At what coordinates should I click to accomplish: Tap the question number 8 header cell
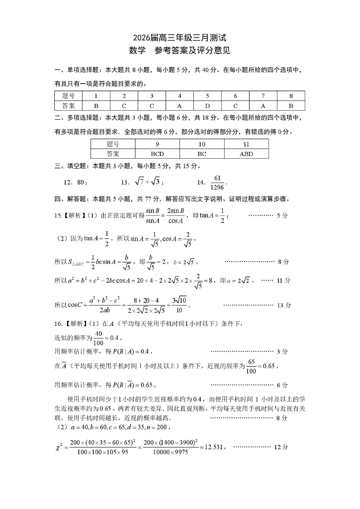291,96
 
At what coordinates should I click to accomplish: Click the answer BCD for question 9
157,154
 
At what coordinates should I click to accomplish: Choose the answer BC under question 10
202,154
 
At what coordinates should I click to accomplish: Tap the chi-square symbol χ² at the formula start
59,447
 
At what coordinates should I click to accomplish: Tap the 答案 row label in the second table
113,154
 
